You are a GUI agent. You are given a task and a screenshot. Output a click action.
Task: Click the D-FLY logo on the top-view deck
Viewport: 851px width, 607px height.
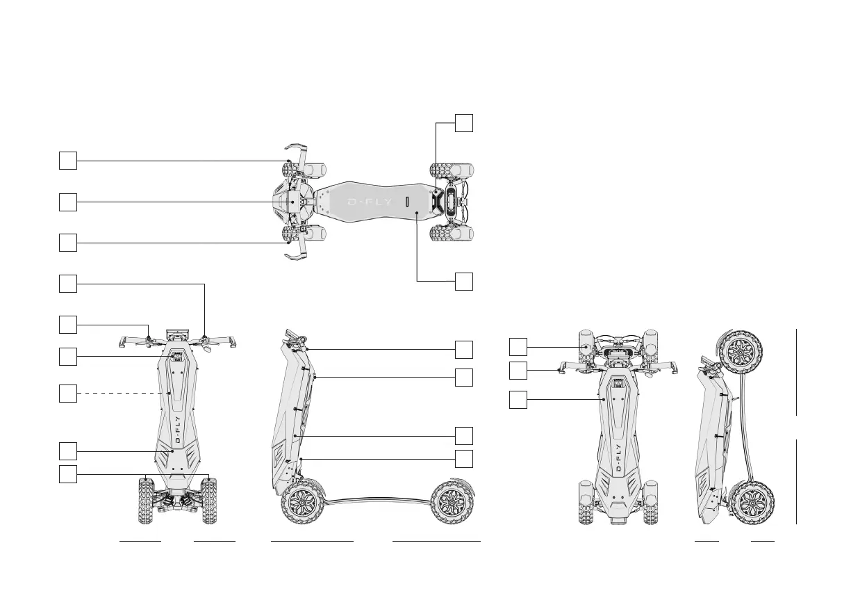(370, 202)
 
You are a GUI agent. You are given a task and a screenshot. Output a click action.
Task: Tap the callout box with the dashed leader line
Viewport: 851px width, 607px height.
(68, 394)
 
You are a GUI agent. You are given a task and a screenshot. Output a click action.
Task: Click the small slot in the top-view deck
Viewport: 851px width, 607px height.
(407, 202)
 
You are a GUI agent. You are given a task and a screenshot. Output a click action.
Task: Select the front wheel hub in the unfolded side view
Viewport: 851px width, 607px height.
(302, 503)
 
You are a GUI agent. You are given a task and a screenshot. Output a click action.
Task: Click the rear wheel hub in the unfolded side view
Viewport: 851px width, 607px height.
(451, 503)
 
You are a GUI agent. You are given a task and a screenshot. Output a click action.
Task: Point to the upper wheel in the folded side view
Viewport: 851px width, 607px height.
(740, 353)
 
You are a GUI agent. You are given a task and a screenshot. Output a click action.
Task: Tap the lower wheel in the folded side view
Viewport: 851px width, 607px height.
(752, 503)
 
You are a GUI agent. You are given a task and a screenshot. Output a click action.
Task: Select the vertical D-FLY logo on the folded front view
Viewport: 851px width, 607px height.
(618, 458)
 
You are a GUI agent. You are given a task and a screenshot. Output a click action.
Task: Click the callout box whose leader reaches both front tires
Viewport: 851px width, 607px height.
(68, 474)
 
